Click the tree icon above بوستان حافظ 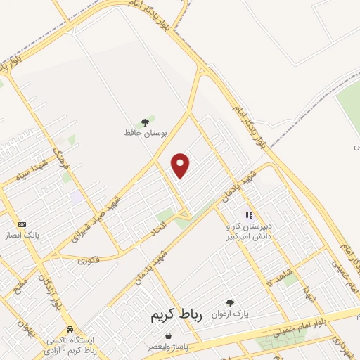pos(146,121)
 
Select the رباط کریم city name pos(176,316)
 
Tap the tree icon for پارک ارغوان pos(230,302)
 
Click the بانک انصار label pos(22,235)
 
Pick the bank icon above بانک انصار pos(22,224)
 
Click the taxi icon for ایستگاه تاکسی pos(70,328)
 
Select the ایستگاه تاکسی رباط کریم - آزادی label pos(70,344)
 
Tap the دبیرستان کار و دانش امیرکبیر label pos(247,233)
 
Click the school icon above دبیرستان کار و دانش pos(247,215)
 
